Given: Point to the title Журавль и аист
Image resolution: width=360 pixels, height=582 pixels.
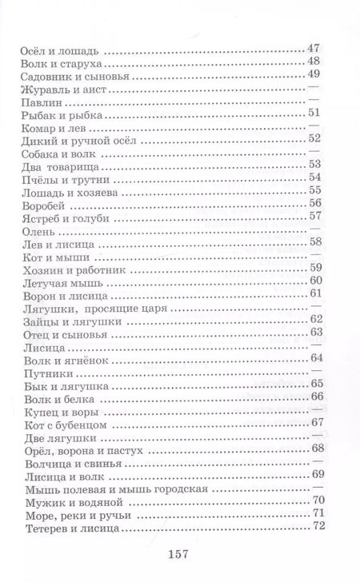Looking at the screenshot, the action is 59,92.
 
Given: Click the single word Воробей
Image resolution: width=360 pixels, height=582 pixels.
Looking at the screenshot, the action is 41,207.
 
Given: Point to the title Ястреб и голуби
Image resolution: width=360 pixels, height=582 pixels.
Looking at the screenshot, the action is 62,221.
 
